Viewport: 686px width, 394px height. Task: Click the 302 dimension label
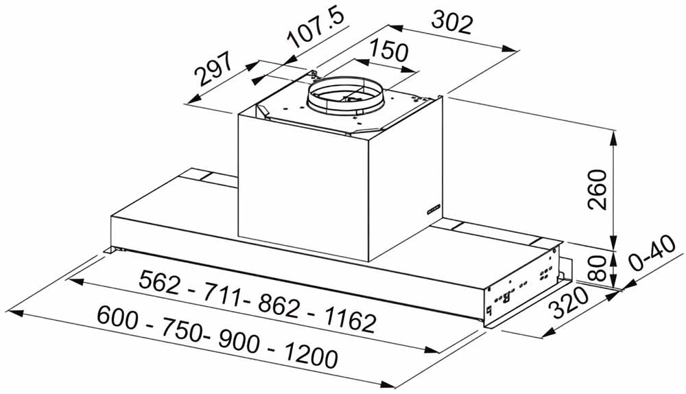(x=452, y=23)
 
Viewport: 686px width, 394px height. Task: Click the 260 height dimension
(x=598, y=189)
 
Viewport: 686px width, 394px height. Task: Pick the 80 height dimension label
(x=598, y=268)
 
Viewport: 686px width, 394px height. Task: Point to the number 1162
(x=349, y=321)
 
